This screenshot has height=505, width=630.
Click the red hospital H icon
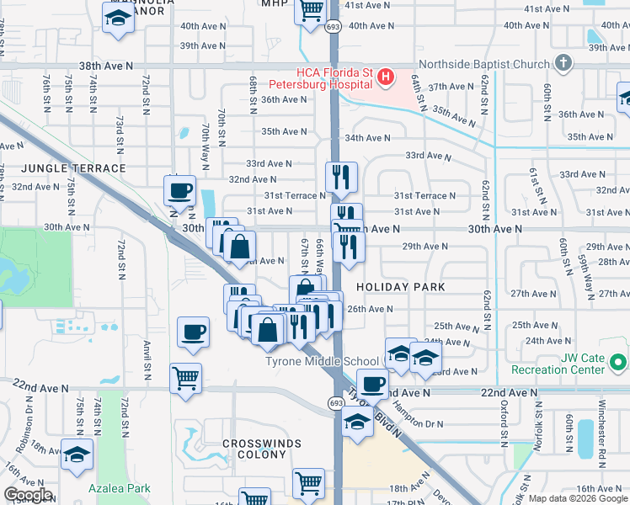tap(386, 77)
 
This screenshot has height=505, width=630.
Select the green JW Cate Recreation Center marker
tap(619, 364)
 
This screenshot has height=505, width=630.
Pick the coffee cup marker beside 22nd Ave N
tap(371, 384)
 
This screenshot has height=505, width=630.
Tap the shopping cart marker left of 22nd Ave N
tap(185, 376)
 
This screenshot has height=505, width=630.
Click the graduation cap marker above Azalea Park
tap(77, 454)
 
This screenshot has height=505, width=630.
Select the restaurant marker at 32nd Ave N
tap(341, 177)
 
